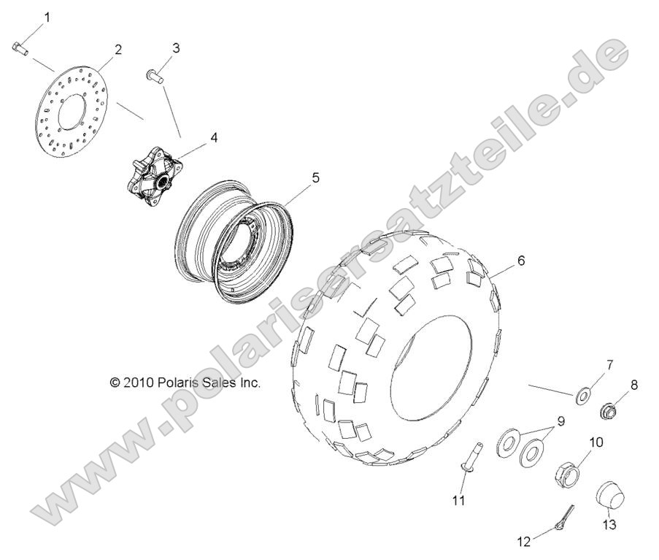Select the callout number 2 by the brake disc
(x=117, y=50)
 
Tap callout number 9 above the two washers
(x=561, y=421)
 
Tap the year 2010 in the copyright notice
(x=138, y=382)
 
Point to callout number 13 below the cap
(x=609, y=524)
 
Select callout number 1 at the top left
(x=48, y=16)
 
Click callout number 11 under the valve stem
(x=459, y=500)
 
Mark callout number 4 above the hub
(x=193, y=137)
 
